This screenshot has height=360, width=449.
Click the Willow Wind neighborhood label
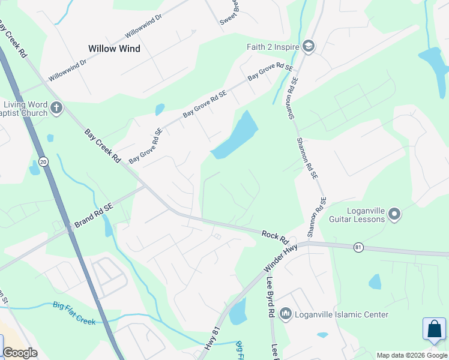(114, 49)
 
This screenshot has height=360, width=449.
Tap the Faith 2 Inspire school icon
(309, 47)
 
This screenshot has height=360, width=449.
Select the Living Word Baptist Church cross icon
(56, 109)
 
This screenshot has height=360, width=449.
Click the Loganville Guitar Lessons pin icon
(394, 214)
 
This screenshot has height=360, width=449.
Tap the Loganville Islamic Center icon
(286, 314)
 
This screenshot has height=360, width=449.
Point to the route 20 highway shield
(43, 161)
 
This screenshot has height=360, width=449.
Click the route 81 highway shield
(358, 247)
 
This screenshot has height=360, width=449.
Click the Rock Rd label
(275, 236)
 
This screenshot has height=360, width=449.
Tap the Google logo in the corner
(20, 353)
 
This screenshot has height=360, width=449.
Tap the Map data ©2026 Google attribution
(412, 355)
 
